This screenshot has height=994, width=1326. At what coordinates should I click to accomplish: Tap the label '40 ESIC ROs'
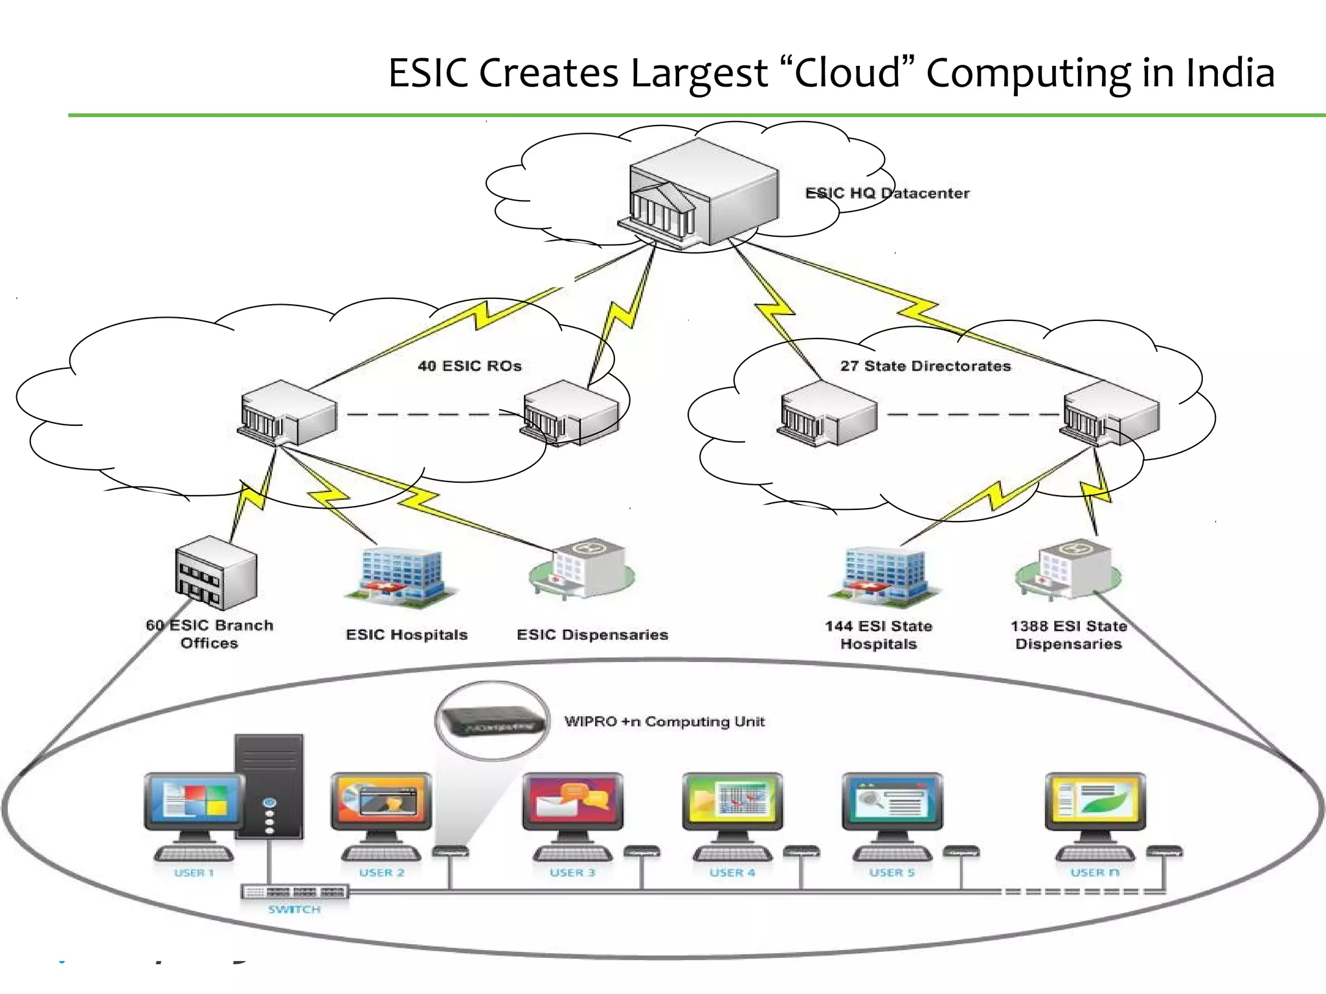(469, 366)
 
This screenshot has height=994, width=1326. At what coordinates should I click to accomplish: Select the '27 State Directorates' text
(925, 366)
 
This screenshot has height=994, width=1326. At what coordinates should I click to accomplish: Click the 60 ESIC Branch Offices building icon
(216, 573)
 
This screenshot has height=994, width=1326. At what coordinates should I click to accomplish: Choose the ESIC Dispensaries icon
(582, 570)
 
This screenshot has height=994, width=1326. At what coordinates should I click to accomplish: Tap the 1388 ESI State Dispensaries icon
(1068, 569)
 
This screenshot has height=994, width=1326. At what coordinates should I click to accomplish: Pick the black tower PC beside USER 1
(269, 786)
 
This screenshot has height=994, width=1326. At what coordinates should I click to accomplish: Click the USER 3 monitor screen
(572, 801)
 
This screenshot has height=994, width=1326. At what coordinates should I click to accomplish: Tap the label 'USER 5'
(892, 872)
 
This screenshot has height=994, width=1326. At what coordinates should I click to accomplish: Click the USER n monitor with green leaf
(1095, 801)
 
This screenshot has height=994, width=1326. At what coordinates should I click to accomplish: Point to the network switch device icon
(295, 892)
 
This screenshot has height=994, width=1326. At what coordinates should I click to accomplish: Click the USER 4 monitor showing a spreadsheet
(732, 801)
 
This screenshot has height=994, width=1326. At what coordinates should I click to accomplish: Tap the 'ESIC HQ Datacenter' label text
(886, 193)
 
